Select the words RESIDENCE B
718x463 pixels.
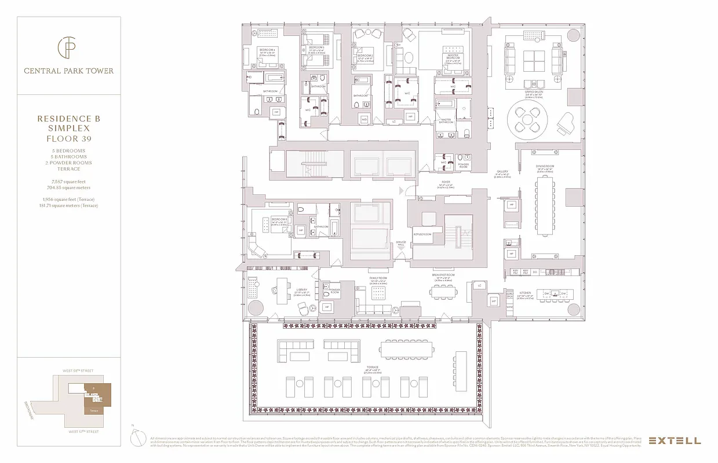tap(68, 119)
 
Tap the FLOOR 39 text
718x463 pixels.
tap(68, 139)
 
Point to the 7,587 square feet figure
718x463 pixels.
tap(68, 182)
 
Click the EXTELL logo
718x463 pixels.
tap(674, 440)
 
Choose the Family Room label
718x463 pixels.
tap(378, 278)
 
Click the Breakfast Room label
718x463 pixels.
tap(443, 275)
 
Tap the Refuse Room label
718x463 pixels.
tap(422, 234)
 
